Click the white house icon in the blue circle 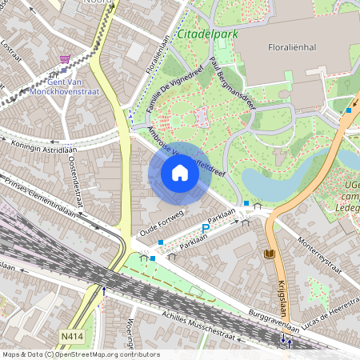[x=179, y=173]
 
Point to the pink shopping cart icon [x=65, y=59]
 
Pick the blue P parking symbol [x=205, y=228]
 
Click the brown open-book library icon [x=269, y=254]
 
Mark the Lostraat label [x=11, y=57]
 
